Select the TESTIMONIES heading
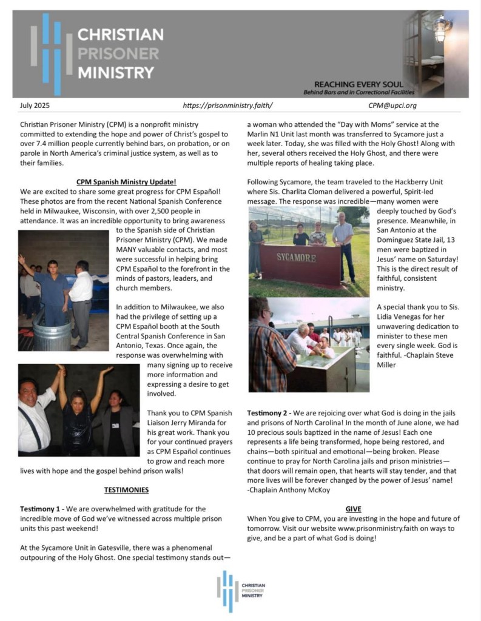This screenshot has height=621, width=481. click(x=126, y=489)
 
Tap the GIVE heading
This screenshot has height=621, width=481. click(x=353, y=509)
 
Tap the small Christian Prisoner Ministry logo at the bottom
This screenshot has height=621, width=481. click(x=241, y=591)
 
